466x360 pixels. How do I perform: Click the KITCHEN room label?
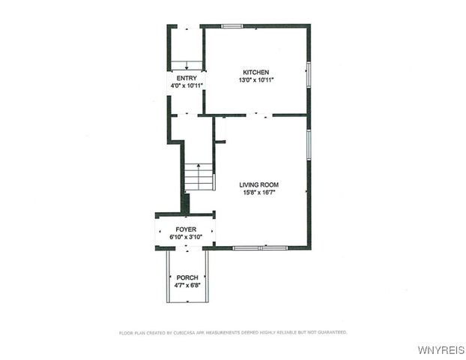point(255,72)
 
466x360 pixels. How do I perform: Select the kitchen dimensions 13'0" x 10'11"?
point(255,79)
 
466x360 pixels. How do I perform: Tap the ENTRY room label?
point(186,78)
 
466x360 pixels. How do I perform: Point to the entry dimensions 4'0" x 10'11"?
point(186,85)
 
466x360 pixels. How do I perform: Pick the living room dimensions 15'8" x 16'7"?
point(259,193)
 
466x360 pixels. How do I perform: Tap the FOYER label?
point(186,229)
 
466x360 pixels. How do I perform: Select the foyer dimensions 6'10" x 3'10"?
point(186,237)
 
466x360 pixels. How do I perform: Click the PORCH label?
point(187,277)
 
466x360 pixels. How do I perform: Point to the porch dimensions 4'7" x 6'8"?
point(187,285)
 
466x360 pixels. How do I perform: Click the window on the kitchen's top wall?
point(232,27)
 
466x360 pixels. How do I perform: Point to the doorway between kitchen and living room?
point(259,115)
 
